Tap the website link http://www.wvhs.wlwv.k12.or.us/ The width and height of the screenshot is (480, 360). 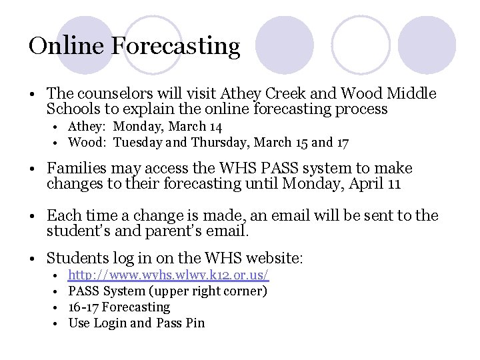click(x=169, y=275)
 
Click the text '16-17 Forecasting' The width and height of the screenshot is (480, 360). click(x=119, y=307)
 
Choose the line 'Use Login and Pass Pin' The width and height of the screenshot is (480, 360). click(x=137, y=323)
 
